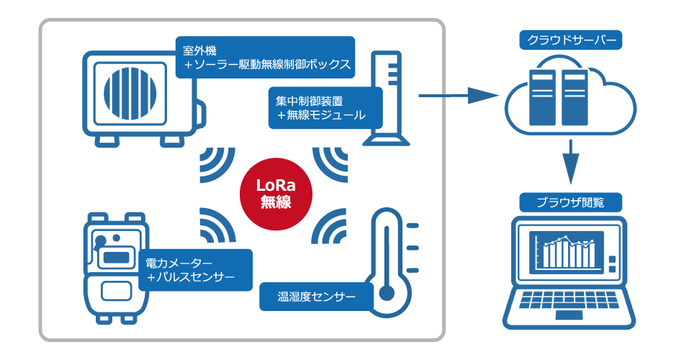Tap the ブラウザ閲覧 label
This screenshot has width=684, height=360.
pyautogui.click(x=569, y=202)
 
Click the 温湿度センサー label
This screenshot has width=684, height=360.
pyautogui.click(x=316, y=295)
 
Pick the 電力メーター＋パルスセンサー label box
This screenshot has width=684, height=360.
pyautogui.click(x=196, y=270)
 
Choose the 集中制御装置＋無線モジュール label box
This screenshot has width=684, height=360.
pyautogui.click(x=325, y=108)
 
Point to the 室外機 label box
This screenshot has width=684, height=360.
pyautogui.click(x=266, y=58)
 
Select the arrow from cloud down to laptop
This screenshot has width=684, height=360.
pyautogui.click(x=570, y=162)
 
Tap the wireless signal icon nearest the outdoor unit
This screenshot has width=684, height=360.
pyautogui.click(x=215, y=163)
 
